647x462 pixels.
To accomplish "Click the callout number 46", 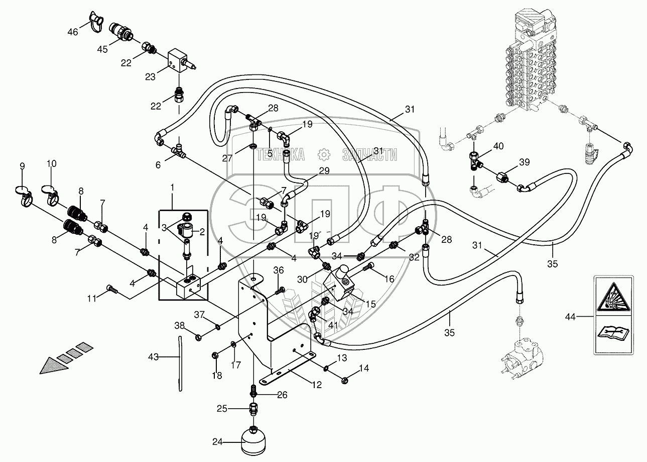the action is tap(73, 32).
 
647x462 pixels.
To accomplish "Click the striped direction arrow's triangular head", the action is tap(53, 365).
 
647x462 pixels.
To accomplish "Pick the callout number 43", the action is tap(154, 357).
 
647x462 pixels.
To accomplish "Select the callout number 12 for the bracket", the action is tap(317, 385).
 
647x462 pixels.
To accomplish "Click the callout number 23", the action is tap(150, 76).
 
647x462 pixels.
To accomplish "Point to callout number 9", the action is tap(22, 166).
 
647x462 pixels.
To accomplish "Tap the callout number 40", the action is tap(498, 146).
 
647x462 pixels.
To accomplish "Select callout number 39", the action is tap(524, 162).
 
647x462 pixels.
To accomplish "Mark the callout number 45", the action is tap(102, 49).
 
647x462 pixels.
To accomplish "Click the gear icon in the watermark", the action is tap(323, 154).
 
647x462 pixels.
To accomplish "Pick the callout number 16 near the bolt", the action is tap(389, 279).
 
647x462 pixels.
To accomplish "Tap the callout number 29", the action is tap(324, 171).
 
